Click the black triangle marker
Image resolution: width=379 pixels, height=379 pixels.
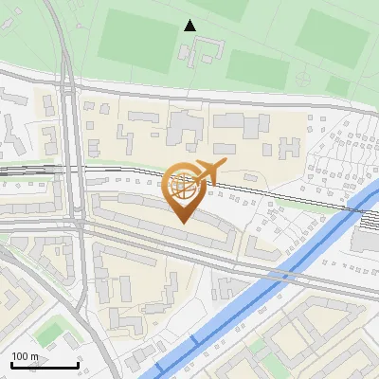(x=190, y=26)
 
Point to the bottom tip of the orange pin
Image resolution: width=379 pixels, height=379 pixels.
(x=183, y=224)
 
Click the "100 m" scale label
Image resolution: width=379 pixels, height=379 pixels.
(x=26, y=355)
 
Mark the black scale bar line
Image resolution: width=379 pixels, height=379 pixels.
(x=44, y=365)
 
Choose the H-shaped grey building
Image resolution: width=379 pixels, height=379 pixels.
(x=289, y=148)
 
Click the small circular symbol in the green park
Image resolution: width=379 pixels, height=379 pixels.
(x=300, y=77)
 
